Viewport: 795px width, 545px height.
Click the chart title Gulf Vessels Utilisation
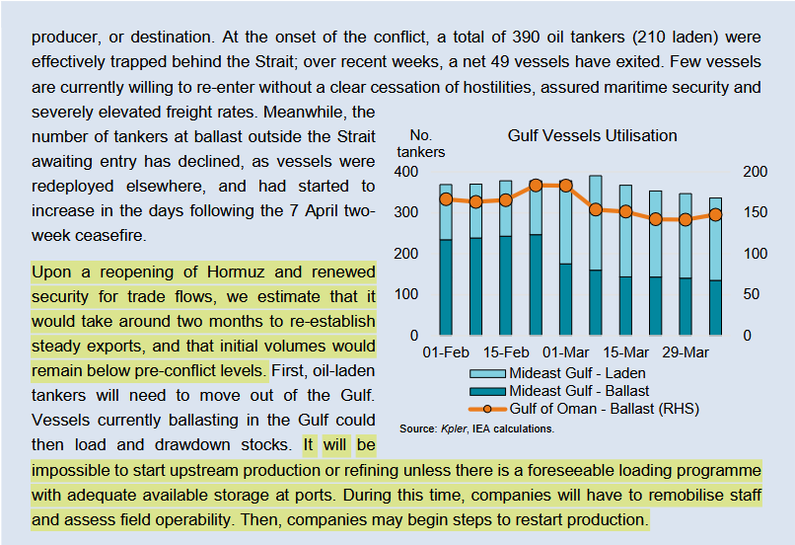[x=592, y=135]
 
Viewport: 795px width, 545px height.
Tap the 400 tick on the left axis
[x=406, y=172]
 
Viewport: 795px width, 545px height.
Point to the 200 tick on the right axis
[x=755, y=172]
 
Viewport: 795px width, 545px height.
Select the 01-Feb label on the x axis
[x=446, y=352]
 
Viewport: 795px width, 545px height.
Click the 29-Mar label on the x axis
[x=685, y=352]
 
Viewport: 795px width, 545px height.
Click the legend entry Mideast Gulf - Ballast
[x=577, y=391]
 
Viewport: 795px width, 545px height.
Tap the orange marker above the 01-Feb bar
[x=446, y=199]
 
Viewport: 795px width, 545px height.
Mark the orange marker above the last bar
[x=715, y=215]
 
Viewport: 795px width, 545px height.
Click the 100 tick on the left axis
[x=406, y=294]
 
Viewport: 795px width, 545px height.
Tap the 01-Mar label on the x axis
[x=565, y=352]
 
